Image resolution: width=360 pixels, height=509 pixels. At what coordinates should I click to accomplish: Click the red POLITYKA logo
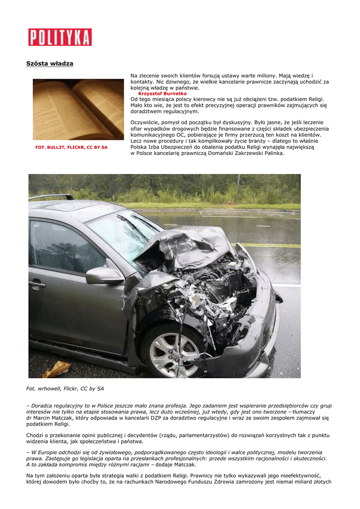60,37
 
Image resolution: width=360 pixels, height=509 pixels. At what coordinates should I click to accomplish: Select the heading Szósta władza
50,64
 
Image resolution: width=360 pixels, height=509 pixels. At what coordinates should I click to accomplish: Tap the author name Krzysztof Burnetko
163,93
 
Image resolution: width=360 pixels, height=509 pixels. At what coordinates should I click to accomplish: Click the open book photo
78,109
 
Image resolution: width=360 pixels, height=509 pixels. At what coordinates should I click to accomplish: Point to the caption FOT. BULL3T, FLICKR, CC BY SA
72,148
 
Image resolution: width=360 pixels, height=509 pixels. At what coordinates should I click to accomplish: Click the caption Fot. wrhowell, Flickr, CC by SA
65,388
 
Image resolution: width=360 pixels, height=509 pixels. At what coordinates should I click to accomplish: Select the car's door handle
37,284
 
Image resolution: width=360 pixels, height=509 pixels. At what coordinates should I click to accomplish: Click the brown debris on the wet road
56,369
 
